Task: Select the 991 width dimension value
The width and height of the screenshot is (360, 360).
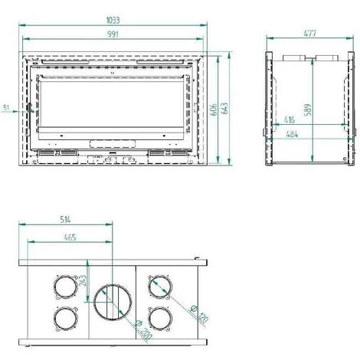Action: point(116,34)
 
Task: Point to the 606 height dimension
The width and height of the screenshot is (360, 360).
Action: point(214,110)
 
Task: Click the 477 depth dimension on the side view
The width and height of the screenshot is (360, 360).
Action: point(310,34)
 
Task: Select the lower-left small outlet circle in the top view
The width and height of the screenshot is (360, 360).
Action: point(64,317)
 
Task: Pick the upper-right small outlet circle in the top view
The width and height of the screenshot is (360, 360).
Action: point(160,285)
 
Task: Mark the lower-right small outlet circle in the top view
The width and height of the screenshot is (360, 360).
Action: point(160,317)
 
